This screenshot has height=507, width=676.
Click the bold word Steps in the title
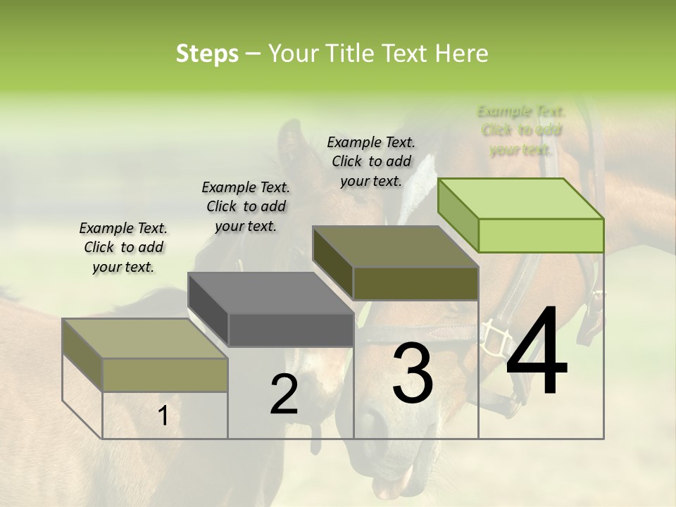tap(207, 54)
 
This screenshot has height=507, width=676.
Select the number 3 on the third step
tap(413, 373)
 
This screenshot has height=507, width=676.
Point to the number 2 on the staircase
tap(284, 394)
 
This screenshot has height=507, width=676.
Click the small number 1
tap(163, 416)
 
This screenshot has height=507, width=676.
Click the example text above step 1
tap(123, 247)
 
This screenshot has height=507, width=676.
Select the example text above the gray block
tap(246, 206)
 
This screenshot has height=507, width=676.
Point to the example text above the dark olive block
tap(371, 161)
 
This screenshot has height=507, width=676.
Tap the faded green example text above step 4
tap(521, 130)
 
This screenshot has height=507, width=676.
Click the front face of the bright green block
tap(541, 235)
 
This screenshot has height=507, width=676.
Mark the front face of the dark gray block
tap(291, 330)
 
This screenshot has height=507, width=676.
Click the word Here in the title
tap(462, 54)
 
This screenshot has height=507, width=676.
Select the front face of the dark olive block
tap(415, 283)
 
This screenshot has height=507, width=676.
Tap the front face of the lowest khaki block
tap(165, 375)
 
